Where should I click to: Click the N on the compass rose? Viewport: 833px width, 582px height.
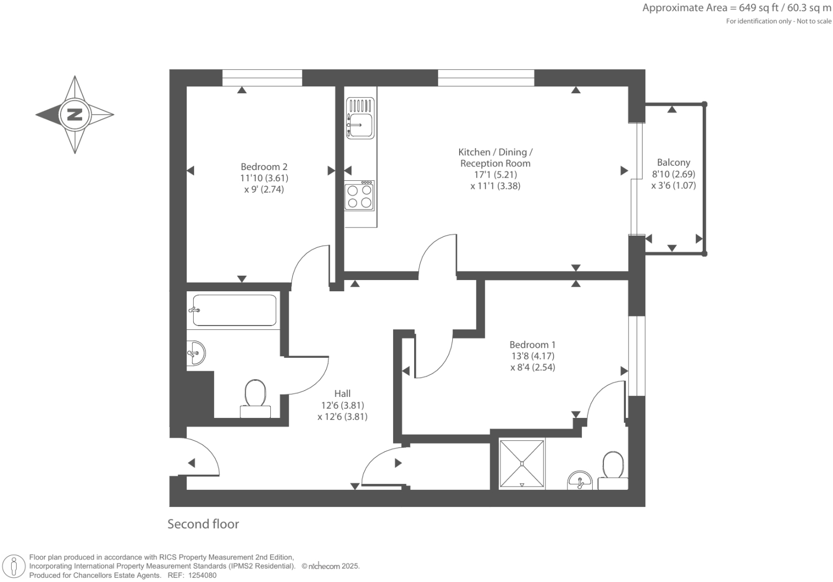tap(75, 114)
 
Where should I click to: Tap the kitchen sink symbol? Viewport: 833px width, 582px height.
tap(360, 119)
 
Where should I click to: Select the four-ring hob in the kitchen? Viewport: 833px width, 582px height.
tap(359, 196)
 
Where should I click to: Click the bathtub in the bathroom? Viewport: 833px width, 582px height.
tap(234, 310)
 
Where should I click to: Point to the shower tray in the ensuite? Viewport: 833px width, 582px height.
tap(522, 463)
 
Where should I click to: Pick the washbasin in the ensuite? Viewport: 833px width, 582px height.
tap(579, 481)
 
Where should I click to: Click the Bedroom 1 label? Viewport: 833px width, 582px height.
tap(532, 345)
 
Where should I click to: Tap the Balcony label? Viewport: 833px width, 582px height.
tap(673, 163)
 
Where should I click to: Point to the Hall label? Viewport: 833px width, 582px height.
tap(342, 394)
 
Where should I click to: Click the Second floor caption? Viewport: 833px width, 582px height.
tap(203, 524)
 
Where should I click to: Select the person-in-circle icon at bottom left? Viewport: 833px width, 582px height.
tap(14, 566)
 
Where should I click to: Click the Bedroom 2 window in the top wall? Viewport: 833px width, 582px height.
tap(262, 78)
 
